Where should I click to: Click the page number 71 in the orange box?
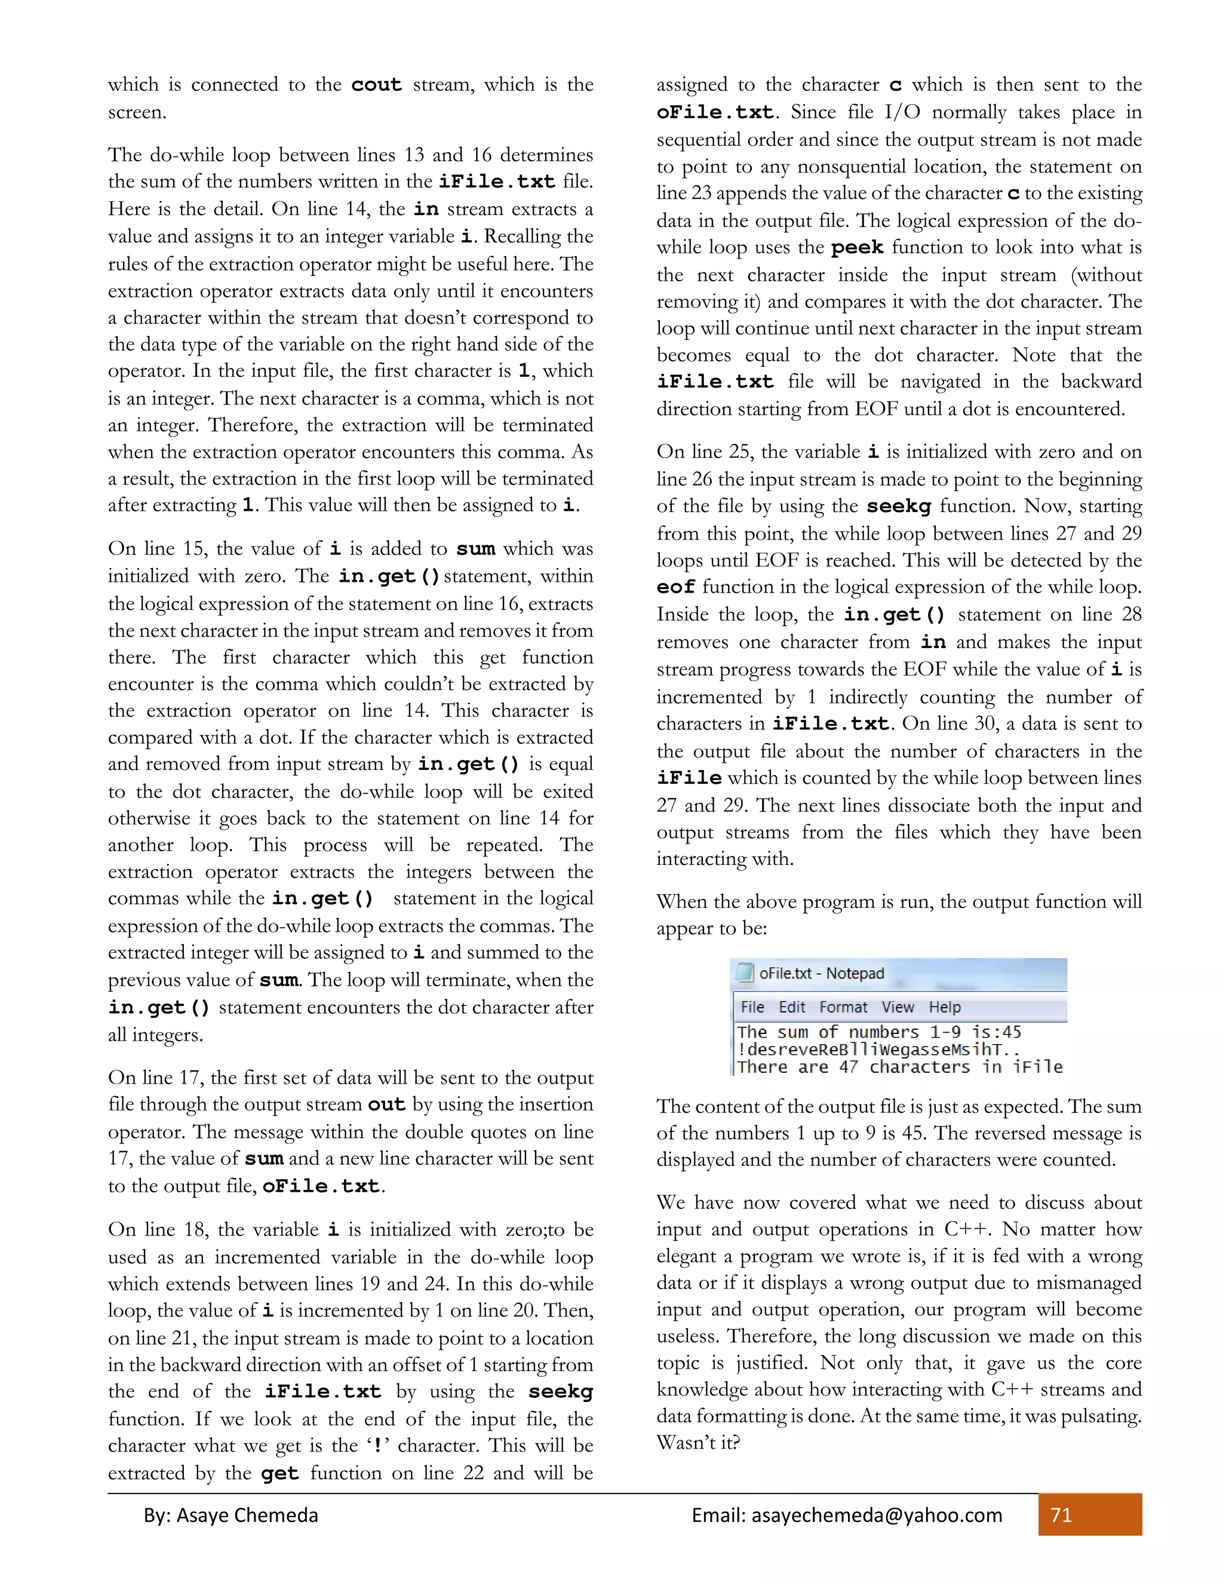[x=1061, y=1515]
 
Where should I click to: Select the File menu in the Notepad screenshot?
[x=752, y=1007]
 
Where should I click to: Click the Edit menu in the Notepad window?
[x=791, y=1007]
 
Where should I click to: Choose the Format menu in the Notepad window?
[x=843, y=1007]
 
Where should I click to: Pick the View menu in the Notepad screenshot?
[x=897, y=1007]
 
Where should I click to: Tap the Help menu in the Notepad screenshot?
[x=944, y=1007]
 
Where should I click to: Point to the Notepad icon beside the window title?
[x=744, y=972]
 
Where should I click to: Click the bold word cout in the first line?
[x=376, y=85]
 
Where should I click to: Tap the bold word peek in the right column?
[x=856, y=248]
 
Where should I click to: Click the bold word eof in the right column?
[x=675, y=587]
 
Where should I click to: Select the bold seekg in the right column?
[x=898, y=506]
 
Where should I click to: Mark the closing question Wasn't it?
[x=697, y=1443]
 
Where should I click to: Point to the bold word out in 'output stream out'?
[x=386, y=1105]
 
